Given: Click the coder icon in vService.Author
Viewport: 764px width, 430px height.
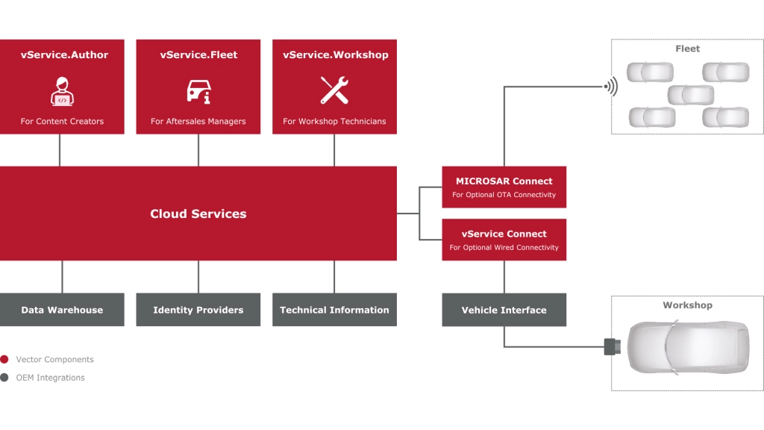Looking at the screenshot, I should click(x=62, y=90).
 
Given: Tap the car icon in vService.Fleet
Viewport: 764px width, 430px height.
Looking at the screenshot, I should click(x=198, y=90).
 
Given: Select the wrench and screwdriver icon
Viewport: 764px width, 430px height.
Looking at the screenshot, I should click(x=334, y=90).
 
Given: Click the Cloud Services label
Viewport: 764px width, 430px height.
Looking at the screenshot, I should click(x=198, y=214).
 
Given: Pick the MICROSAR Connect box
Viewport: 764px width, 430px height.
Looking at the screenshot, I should click(x=504, y=187).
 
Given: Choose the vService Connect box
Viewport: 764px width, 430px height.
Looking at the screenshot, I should click(x=504, y=240).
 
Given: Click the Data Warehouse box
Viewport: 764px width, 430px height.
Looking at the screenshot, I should click(x=62, y=310).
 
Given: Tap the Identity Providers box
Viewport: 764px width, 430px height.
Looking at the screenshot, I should click(x=198, y=310).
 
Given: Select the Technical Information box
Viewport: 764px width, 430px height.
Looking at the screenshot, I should click(x=334, y=310).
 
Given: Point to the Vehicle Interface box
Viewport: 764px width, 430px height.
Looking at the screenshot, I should click(x=504, y=310).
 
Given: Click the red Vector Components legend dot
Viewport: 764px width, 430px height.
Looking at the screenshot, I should click(x=4, y=359).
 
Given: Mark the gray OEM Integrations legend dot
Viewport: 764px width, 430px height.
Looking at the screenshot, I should click(x=4, y=378).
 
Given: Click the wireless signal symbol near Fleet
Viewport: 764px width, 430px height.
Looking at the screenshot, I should click(x=611, y=87).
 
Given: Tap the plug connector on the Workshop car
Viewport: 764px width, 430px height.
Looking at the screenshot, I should click(x=612, y=346).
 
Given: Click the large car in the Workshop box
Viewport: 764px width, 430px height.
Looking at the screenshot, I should click(x=687, y=346).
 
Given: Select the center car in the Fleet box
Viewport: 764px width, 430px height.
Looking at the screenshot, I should click(x=690, y=95).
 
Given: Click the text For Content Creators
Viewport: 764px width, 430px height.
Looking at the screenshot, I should click(x=62, y=121).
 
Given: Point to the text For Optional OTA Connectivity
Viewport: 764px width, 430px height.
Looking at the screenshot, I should click(x=504, y=195).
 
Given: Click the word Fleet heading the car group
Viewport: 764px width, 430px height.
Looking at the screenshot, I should click(x=687, y=49).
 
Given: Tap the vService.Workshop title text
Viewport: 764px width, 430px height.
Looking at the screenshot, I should click(x=335, y=54).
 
